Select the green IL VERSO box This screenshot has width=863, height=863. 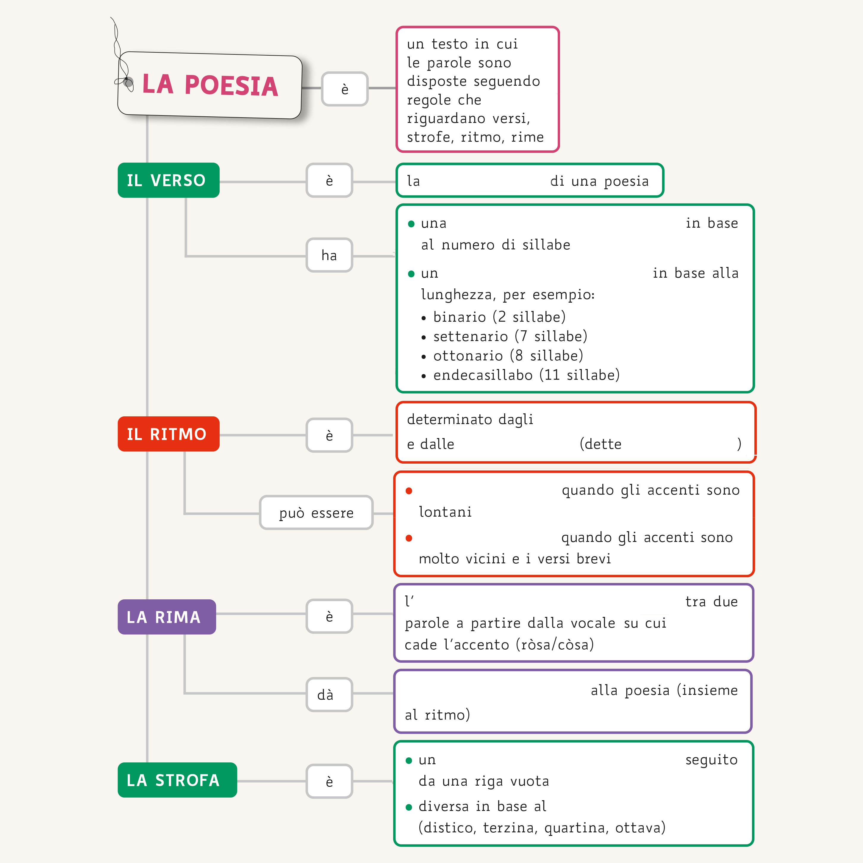168,180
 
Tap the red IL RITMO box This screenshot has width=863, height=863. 168,434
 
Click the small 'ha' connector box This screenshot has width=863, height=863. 329,255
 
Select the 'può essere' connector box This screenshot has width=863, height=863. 316,512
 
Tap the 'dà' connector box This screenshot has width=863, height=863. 329,694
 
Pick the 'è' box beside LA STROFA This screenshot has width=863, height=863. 329,781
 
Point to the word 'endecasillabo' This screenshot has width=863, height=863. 483,375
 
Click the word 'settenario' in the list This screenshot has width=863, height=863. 470,336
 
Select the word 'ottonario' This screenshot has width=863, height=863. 468,356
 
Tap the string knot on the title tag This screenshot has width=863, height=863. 128,82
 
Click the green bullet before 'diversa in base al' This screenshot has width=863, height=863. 409,807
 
